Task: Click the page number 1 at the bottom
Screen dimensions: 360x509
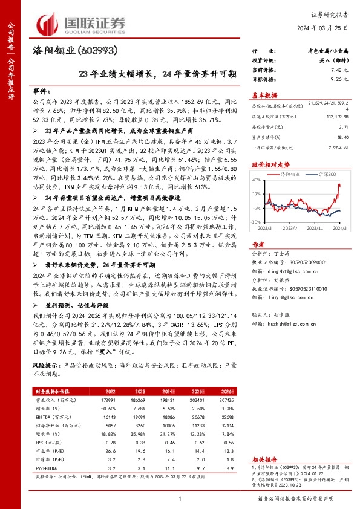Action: coord(180,498)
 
